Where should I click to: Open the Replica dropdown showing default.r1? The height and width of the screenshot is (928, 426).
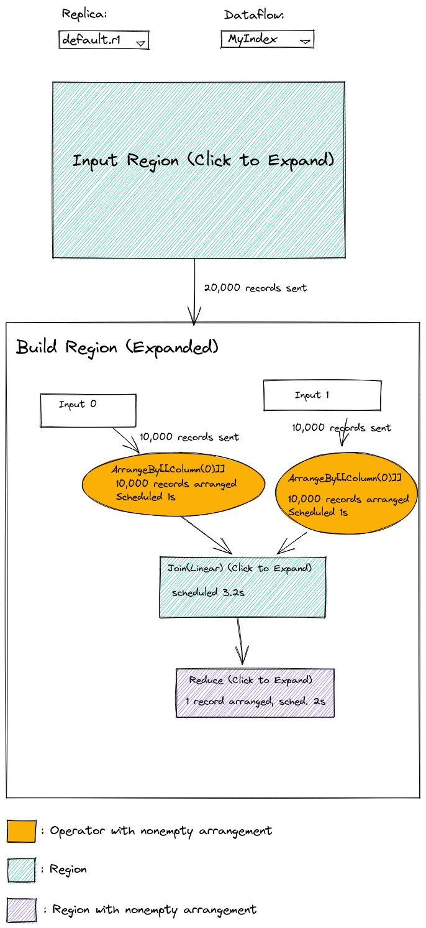tap(104, 40)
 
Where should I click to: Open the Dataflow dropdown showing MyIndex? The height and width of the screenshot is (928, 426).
tap(268, 39)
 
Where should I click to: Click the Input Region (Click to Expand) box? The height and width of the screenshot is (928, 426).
tap(199, 170)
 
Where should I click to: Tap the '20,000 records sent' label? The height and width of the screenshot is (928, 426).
tap(255, 288)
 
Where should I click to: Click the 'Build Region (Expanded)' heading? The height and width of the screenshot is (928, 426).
tap(117, 347)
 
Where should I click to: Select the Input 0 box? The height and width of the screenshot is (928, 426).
tap(88, 410)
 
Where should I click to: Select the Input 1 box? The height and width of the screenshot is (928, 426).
tap(322, 395)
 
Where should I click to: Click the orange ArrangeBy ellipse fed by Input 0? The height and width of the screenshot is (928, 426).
tap(173, 484)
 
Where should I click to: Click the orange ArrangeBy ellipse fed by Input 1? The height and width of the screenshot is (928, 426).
tap(347, 493)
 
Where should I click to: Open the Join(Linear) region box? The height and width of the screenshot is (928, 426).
tap(243, 587)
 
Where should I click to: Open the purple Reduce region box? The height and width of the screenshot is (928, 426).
tap(255, 692)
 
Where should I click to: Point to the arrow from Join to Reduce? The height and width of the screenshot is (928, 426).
tap(240, 642)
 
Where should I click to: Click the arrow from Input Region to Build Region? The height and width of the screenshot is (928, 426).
tap(194, 292)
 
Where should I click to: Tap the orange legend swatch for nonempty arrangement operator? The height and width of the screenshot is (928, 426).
tap(22, 830)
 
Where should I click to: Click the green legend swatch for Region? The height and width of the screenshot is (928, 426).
tap(22, 870)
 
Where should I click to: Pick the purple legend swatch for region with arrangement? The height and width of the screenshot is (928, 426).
tap(22, 910)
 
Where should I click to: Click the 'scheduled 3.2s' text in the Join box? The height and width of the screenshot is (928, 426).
tap(208, 592)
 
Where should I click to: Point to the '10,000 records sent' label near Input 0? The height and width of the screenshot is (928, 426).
tap(189, 437)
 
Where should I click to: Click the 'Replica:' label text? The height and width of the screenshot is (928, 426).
tap(84, 14)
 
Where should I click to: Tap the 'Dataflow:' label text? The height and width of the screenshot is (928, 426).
tap(254, 15)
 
